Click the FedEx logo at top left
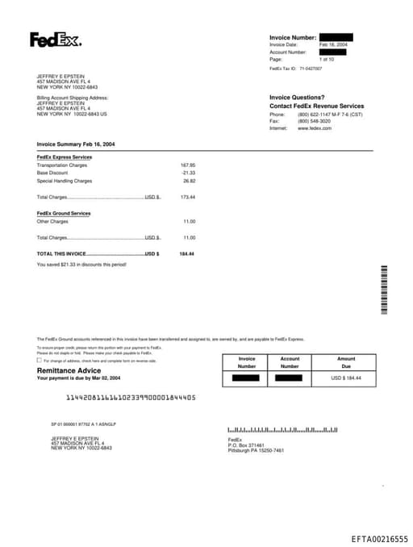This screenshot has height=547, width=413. click(x=56, y=40)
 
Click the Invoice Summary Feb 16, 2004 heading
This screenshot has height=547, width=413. click(x=76, y=144)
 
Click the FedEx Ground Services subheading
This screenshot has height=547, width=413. click(x=64, y=213)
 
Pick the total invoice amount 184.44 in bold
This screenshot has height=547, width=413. click(x=186, y=254)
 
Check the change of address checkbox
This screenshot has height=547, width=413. click(x=39, y=361)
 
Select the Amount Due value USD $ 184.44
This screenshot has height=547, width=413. click(x=346, y=378)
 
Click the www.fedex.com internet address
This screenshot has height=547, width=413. click(x=315, y=128)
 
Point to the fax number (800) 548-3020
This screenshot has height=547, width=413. click(x=314, y=121)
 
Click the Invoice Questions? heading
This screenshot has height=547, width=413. click(x=297, y=97)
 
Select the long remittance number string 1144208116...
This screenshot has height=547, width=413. click(x=130, y=398)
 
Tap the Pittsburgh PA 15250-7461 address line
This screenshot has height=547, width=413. click(x=256, y=450)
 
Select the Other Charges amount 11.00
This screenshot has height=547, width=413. click(x=189, y=221)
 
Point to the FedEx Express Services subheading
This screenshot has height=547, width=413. click(x=65, y=157)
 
